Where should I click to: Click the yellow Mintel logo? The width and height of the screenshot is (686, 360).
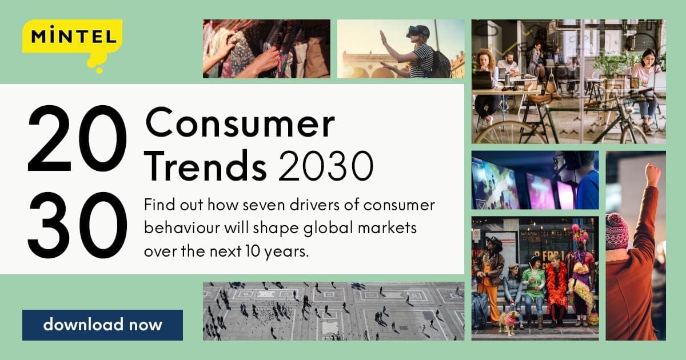click(x=72, y=39)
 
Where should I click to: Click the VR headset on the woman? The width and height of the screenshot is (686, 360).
click(x=418, y=31)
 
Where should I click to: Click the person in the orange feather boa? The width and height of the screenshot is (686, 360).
click(x=556, y=286)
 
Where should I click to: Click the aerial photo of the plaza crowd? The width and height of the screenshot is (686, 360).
click(x=333, y=311)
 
